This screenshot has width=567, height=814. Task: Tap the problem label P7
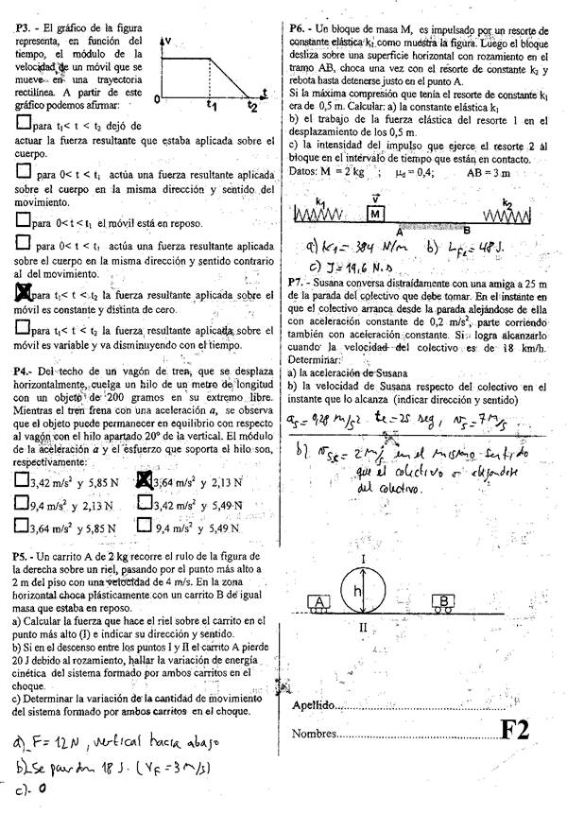[x=300, y=282]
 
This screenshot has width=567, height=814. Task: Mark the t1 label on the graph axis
[x=213, y=105]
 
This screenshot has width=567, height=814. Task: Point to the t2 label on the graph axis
[x=252, y=105]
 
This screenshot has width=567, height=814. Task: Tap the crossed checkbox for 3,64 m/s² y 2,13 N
[x=145, y=481]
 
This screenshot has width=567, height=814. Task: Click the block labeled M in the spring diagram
[x=376, y=215]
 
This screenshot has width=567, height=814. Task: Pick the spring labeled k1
[x=326, y=216]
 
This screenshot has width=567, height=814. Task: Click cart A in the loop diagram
[x=320, y=602]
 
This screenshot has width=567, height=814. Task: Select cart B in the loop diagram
[x=444, y=601]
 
